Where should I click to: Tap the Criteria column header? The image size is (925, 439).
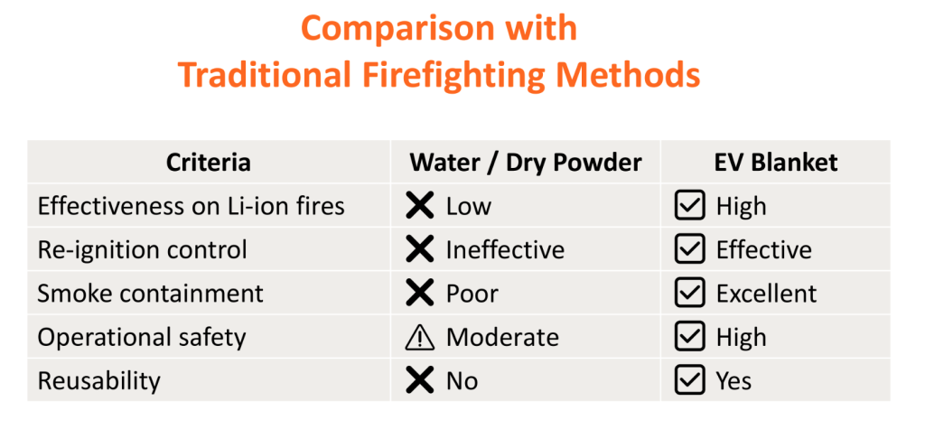point(209,163)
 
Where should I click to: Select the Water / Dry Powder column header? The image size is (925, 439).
point(526,163)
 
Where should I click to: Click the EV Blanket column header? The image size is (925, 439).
point(776,163)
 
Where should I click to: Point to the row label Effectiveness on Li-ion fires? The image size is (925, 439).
point(192,206)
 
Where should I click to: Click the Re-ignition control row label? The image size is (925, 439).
point(142,250)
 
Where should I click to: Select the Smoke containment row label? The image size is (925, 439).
point(151,294)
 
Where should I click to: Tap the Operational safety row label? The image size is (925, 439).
point(142,338)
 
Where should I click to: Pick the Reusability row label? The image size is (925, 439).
point(99,381)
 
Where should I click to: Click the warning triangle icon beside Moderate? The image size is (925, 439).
point(420,338)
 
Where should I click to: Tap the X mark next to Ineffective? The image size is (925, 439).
point(420,249)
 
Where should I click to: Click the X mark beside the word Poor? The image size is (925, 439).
point(420,294)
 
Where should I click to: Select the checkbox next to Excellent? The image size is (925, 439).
point(689,294)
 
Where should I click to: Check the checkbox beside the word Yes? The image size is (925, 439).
point(689,380)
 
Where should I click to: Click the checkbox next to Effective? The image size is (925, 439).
point(689,249)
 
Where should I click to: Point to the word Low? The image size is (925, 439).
point(469,207)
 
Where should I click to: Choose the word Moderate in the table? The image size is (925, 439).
point(502,338)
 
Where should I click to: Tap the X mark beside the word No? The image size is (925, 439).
point(420,380)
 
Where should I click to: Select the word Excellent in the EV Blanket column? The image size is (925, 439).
point(766,294)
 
